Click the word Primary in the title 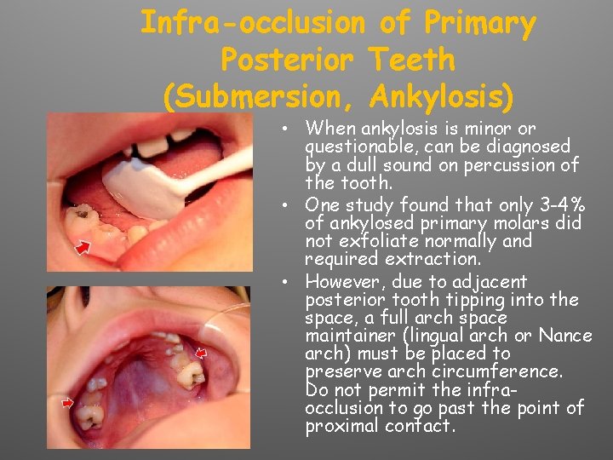click(473, 23)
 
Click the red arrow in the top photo click(83, 247)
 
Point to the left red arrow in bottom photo click(69, 401)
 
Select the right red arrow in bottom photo click(202, 352)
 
